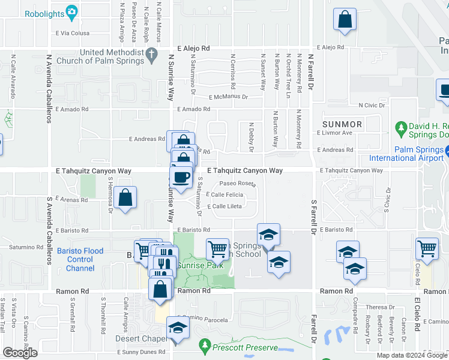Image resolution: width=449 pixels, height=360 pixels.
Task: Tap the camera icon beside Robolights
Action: pos(72,11)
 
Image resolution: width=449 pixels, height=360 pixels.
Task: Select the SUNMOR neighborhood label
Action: pos(342,124)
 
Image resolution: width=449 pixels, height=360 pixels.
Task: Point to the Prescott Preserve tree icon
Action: pos(205,346)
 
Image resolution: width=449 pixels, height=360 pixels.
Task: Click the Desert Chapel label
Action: pos(141,339)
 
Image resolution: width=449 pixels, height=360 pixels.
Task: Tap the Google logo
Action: pos(20,353)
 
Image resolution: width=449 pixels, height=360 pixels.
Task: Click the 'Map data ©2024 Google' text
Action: pos(411,355)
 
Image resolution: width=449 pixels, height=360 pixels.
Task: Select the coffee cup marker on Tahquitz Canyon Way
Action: pos(181,177)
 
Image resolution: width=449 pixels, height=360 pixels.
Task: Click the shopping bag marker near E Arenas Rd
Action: pos(125,198)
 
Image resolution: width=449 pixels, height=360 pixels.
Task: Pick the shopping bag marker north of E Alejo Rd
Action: pos(345,20)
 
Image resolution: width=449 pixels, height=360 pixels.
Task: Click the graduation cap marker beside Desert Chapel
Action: pos(178,328)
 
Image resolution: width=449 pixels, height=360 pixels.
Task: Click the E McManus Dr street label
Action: pos(228,97)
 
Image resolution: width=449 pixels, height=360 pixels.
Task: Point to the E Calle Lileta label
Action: pos(224,206)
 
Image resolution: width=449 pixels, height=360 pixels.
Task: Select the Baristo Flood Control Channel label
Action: pos(80,260)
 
